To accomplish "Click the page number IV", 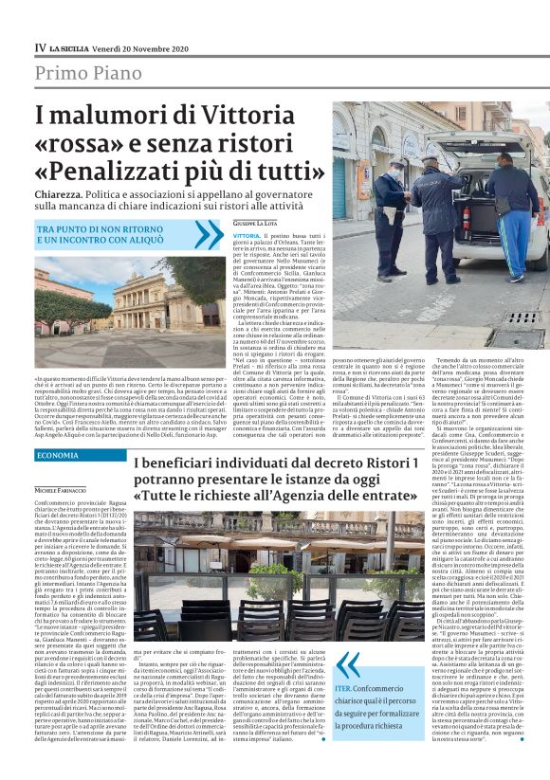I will (x=41, y=45).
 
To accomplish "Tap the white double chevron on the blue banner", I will (x=208, y=234).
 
